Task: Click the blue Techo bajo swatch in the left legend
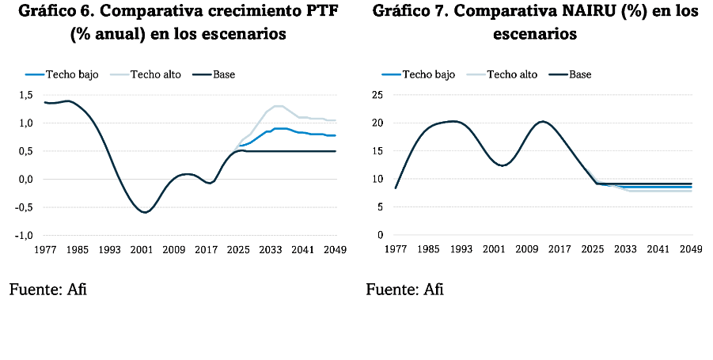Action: pyautogui.click(x=34, y=74)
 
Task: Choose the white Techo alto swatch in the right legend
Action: pyautogui.click(x=477, y=74)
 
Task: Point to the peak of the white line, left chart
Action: pyautogui.click(x=279, y=105)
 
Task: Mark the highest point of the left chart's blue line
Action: pyautogui.click(x=279, y=127)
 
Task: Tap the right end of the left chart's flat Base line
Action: pyautogui.click(x=336, y=150)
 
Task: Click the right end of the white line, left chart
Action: pyautogui.click(x=336, y=121)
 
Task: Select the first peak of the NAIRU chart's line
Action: pyautogui.click(x=450, y=121)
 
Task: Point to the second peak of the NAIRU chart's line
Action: pyautogui.click(x=543, y=121)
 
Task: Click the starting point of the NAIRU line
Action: pyautogui.click(x=395, y=188)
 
